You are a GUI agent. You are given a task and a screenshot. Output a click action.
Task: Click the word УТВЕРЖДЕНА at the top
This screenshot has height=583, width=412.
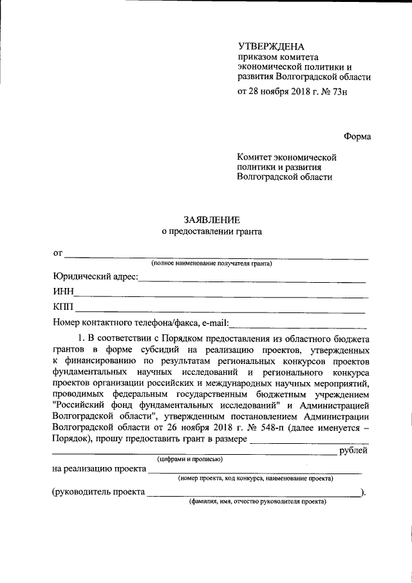270,46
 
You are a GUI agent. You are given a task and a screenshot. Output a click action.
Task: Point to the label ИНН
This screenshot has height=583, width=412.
63,292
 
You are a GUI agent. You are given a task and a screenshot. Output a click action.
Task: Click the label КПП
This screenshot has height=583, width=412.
64,306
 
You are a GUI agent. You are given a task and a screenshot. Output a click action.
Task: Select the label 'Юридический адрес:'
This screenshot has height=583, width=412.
95,277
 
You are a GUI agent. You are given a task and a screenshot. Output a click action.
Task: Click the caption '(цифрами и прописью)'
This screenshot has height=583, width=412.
191,459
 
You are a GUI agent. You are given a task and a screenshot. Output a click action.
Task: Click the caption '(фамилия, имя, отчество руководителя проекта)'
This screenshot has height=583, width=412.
257,501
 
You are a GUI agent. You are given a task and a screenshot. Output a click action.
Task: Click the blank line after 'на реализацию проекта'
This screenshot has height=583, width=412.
254,472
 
